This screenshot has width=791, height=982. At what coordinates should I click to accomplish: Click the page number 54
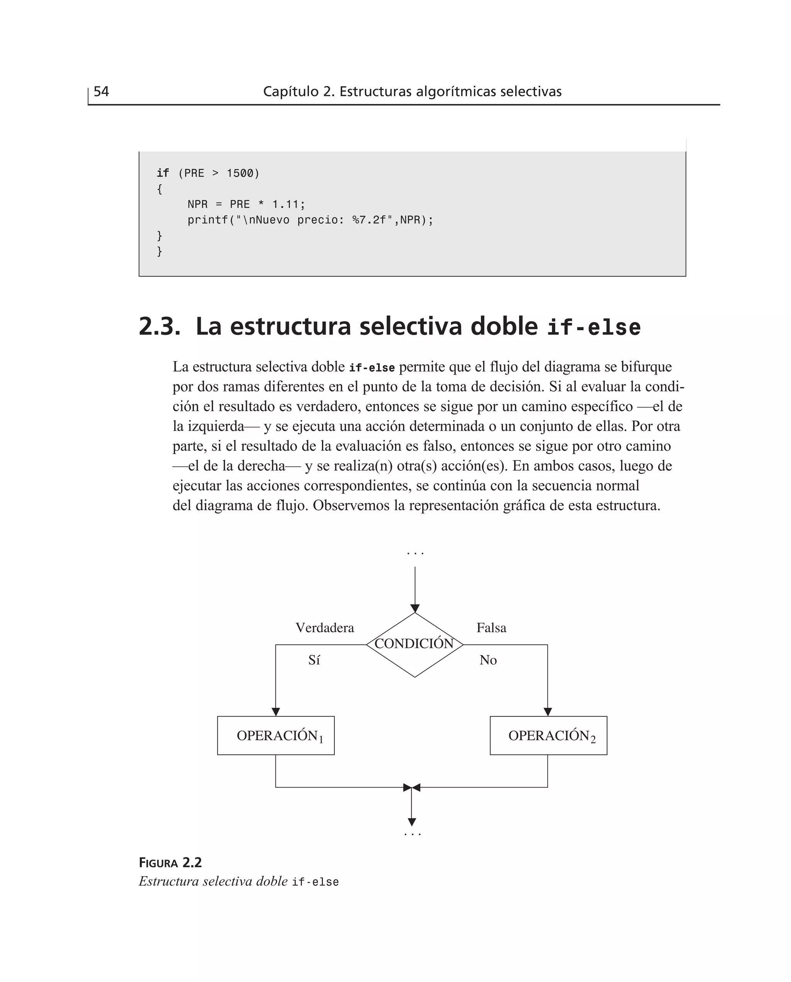pyautogui.click(x=101, y=92)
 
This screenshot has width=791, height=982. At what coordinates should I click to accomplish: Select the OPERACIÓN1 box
pyautogui.click(x=276, y=736)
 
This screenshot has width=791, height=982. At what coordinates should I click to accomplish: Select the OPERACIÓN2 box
pyautogui.click(x=548, y=736)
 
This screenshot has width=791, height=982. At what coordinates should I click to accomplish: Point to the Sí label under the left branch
pyautogui.click(x=314, y=660)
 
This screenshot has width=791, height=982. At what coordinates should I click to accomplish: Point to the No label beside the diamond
pyautogui.click(x=488, y=660)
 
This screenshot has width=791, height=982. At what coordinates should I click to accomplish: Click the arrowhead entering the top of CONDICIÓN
pyautogui.click(x=415, y=609)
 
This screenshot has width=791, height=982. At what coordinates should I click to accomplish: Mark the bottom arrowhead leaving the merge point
pyautogui.click(x=412, y=822)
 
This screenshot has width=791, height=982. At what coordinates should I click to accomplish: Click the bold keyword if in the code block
pyautogui.click(x=163, y=173)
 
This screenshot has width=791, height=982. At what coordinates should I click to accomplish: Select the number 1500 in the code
pyautogui.click(x=240, y=173)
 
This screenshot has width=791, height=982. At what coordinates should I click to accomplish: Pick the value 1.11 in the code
pyautogui.click(x=286, y=204)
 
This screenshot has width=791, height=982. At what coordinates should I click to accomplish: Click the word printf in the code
pyautogui.click(x=208, y=220)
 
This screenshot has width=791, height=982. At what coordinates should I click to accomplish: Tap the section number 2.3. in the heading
pyautogui.click(x=159, y=327)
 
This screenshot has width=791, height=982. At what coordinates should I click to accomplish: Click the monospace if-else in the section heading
pyautogui.click(x=593, y=327)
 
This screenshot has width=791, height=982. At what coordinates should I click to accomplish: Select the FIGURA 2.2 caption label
pyautogui.click(x=170, y=863)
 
